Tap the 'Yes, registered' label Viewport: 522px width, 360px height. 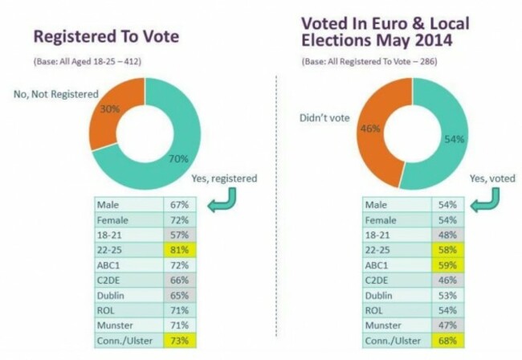225,179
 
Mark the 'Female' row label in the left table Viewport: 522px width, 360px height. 113,218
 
